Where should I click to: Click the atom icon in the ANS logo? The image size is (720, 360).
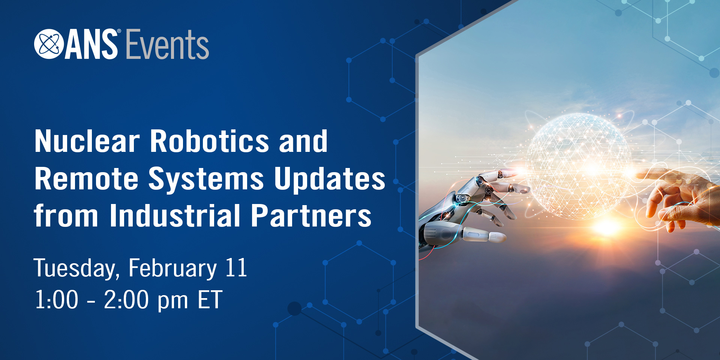click(49, 44)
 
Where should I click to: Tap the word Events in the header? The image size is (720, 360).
click(167, 45)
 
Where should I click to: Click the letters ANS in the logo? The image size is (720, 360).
click(91, 45)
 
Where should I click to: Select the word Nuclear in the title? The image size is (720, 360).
click(87, 141)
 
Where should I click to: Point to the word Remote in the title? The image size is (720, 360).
click(87, 179)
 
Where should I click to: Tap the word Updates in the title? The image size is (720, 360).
click(330, 179)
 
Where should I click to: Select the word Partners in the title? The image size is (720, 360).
click(311, 216)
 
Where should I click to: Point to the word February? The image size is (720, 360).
click(173, 268)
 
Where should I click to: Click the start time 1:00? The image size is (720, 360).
click(57, 300)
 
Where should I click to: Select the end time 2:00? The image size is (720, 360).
click(126, 300)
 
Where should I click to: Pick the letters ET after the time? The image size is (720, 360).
click(210, 300)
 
